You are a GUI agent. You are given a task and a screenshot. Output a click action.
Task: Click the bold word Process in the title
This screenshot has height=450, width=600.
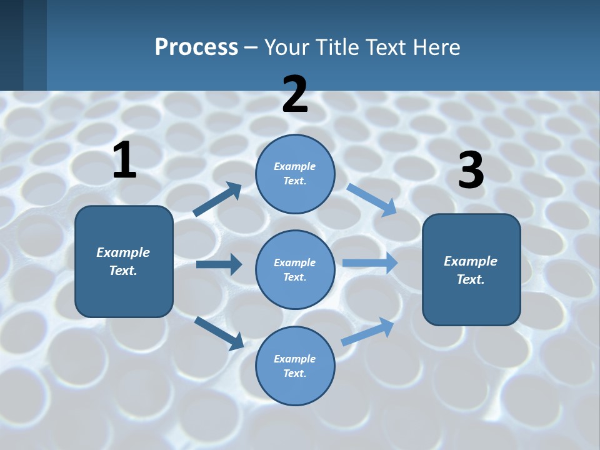point(196,47)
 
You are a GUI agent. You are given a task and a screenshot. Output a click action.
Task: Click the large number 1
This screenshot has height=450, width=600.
point(124,161)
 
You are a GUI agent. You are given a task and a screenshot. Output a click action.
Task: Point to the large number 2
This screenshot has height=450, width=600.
point(295,94)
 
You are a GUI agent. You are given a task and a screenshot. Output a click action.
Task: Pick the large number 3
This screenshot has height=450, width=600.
point(471,171)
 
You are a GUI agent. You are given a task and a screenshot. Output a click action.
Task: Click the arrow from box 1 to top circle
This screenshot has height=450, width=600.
point(217,199)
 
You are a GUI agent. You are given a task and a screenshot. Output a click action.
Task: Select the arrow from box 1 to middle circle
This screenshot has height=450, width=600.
point(219,264)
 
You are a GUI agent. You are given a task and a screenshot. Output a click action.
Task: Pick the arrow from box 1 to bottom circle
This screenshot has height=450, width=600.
point(219,333)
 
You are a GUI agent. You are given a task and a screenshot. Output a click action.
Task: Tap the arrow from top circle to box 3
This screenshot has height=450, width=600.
point(372,200)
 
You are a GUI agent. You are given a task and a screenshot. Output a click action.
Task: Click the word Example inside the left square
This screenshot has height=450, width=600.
point(123,252)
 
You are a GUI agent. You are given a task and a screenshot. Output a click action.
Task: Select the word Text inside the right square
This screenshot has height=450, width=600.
point(471,279)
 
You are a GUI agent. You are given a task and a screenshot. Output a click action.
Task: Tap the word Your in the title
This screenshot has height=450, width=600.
point(287,47)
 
